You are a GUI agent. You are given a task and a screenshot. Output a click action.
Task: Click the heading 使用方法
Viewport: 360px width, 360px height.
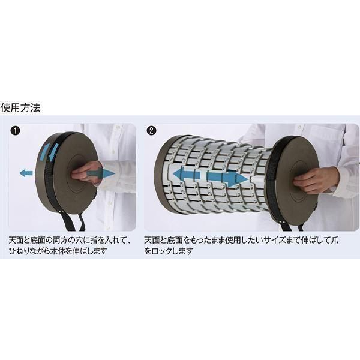[x=20, y=107]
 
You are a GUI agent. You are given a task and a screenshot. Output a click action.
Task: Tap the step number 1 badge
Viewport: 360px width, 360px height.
[x=16, y=131]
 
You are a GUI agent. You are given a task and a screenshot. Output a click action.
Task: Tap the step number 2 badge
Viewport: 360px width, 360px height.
[x=151, y=131]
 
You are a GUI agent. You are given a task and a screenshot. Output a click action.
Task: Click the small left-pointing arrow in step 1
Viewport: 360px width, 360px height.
[x=26, y=173]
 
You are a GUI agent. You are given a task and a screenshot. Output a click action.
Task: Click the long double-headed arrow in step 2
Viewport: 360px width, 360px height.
[x=211, y=176]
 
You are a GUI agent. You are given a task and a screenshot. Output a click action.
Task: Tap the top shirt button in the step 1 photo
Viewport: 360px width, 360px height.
[x=118, y=127]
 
